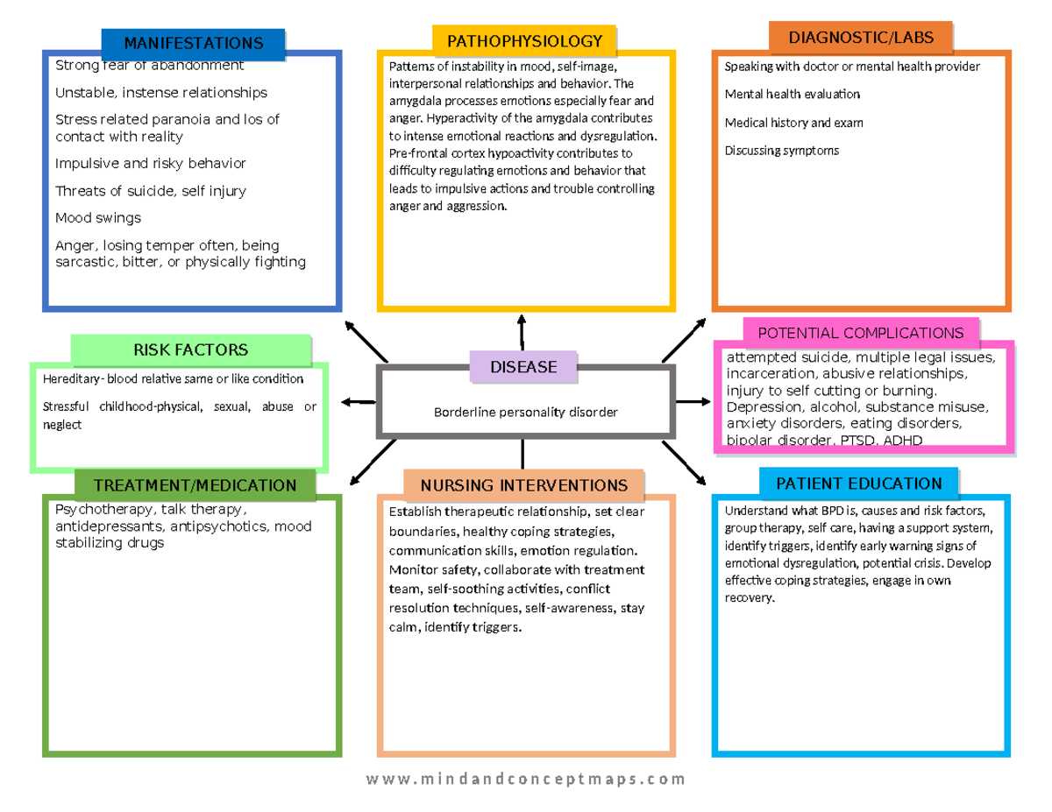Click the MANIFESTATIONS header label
click(x=193, y=43)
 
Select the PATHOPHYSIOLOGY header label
click(x=524, y=40)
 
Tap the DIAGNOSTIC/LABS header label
click(x=860, y=38)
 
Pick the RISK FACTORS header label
click(x=190, y=350)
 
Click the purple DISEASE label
click(x=523, y=367)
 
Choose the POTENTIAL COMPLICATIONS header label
click(x=860, y=333)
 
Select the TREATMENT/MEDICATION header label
click(x=195, y=485)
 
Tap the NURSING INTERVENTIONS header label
click(x=523, y=485)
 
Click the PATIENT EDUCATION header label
click(x=858, y=484)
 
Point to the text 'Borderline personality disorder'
click(x=526, y=412)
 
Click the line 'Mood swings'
click(x=98, y=217)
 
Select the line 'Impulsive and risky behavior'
click(x=151, y=163)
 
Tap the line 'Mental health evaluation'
click(x=793, y=94)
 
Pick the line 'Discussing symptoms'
click(x=782, y=151)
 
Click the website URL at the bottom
click(x=526, y=779)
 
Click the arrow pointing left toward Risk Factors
click(x=357, y=402)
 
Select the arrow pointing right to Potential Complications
click(x=693, y=402)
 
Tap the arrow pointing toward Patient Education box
click(x=686, y=463)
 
